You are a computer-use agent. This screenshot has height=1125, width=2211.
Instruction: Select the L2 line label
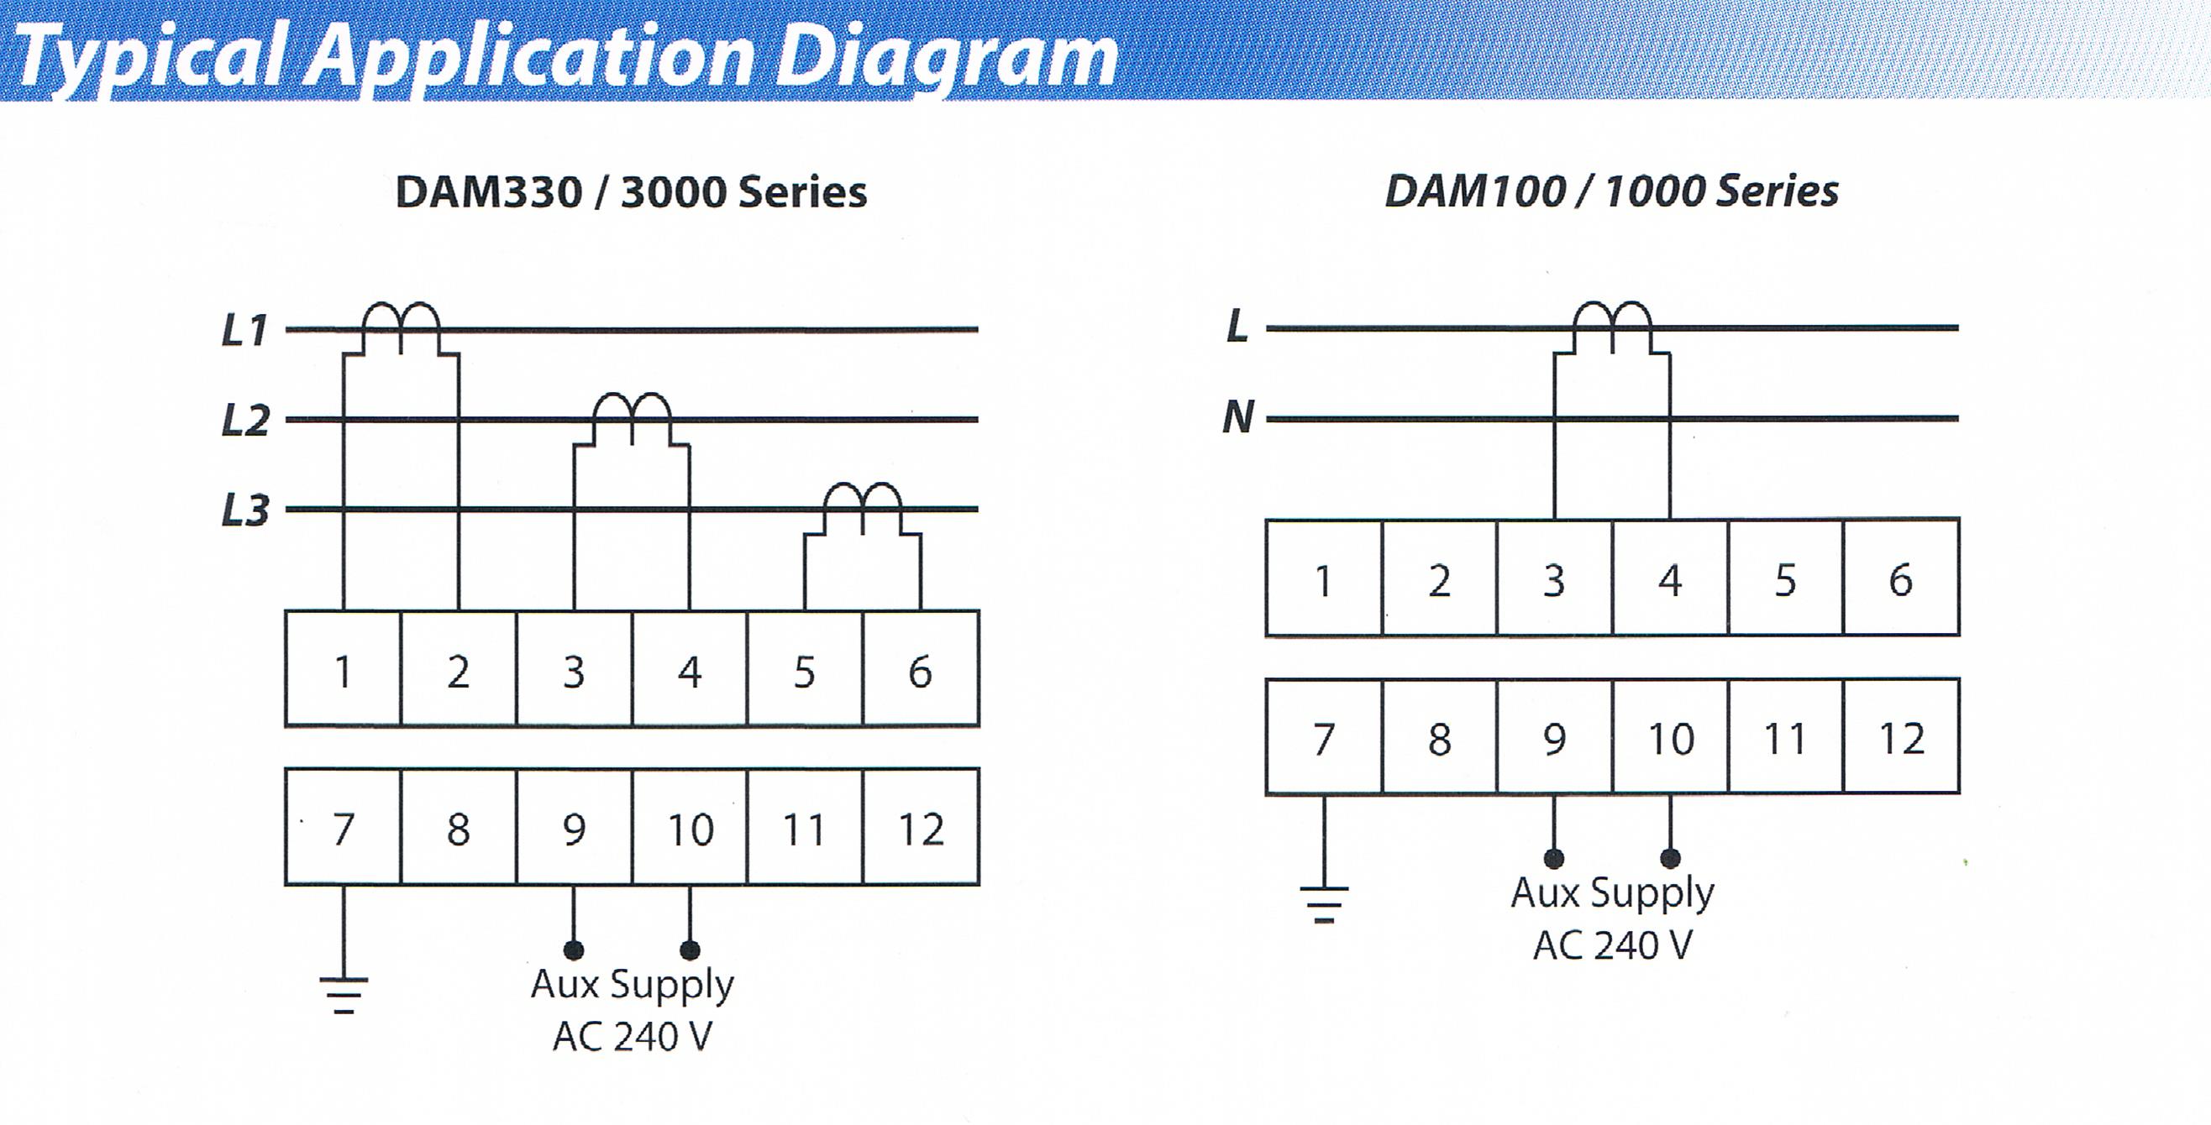(245, 421)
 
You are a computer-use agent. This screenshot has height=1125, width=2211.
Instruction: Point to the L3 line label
(245, 510)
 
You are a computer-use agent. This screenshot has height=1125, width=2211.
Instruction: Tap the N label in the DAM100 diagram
(1238, 418)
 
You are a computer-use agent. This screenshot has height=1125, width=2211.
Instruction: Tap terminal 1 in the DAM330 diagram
(344, 669)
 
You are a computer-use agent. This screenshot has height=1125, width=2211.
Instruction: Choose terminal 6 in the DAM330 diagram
(921, 669)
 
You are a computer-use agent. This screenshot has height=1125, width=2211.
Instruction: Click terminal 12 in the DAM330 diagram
(921, 827)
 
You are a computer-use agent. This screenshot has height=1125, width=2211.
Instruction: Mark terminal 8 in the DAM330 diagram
(459, 827)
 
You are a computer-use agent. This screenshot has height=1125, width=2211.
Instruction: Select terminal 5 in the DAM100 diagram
(1786, 578)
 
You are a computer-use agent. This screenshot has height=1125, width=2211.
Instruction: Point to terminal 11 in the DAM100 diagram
(1786, 737)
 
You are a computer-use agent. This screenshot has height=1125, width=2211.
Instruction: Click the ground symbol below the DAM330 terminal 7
(344, 996)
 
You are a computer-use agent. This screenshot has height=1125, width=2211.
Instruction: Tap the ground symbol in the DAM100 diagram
(1325, 904)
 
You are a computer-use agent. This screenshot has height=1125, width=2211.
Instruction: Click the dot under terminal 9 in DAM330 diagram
(575, 950)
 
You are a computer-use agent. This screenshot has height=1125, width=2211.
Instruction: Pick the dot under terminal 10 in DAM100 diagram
(1670, 858)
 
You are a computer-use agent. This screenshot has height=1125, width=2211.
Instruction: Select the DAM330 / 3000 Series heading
(632, 191)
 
